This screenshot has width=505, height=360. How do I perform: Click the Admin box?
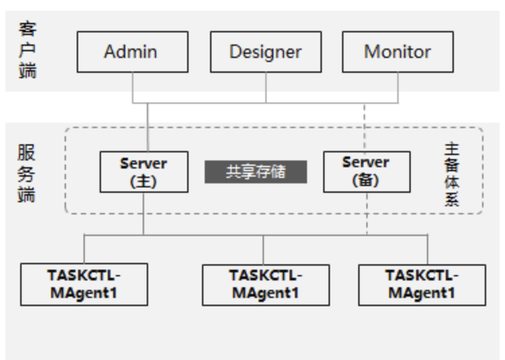pyautogui.click(x=132, y=51)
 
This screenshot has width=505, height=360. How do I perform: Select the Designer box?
pyautogui.click(x=265, y=51)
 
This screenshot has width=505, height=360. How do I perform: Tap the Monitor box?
pyautogui.click(x=397, y=51)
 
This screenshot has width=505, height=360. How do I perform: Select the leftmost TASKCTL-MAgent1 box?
pyautogui.click(x=83, y=284)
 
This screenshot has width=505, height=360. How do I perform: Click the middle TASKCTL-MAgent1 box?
pyautogui.click(x=266, y=284)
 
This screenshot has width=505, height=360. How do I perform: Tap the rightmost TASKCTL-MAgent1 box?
pyautogui.click(x=422, y=284)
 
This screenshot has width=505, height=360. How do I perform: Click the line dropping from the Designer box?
pyautogui.click(x=265, y=87)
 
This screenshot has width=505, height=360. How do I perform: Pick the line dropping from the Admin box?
pyautogui.click(x=132, y=87)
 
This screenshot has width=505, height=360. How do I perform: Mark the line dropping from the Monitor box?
pyautogui.click(x=398, y=87)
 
